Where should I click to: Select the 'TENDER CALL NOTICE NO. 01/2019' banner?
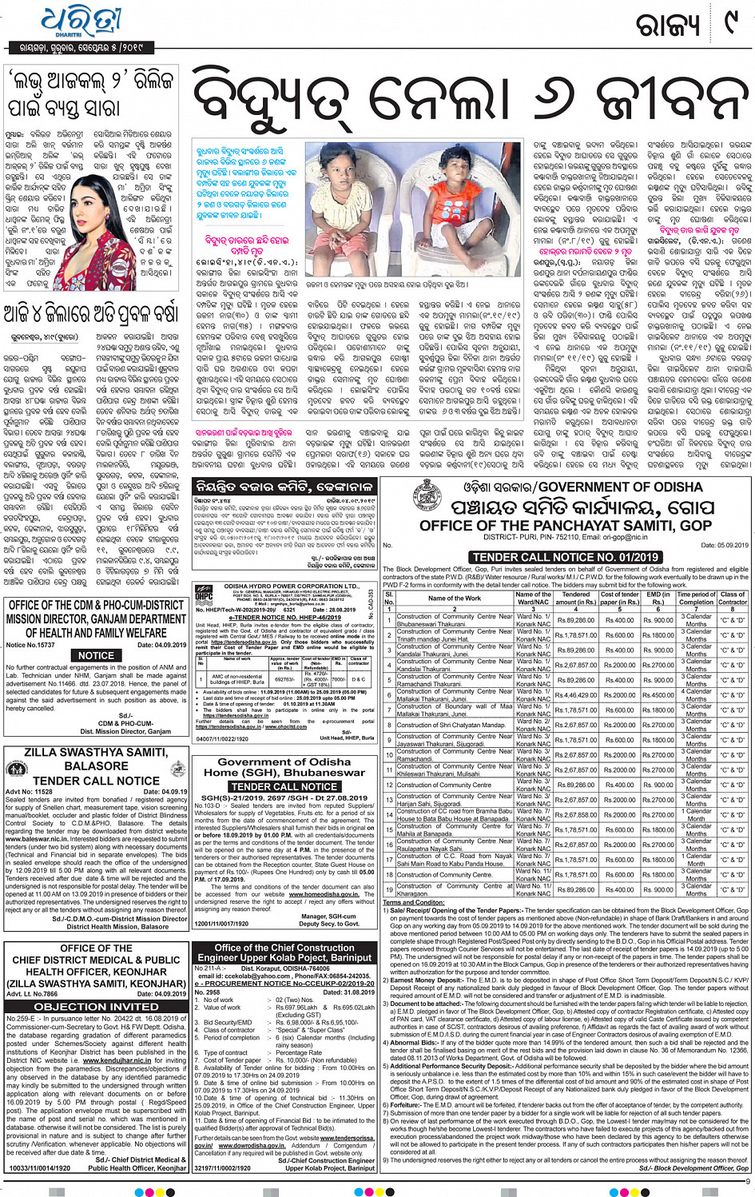point(566,557)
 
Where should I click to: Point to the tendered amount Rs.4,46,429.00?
point(576,695)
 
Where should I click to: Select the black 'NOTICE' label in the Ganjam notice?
point(96,655)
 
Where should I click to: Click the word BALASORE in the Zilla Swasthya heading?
point(96,766)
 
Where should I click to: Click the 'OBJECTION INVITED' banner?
point(96,1006)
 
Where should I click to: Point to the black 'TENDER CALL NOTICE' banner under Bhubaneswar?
point(284,786)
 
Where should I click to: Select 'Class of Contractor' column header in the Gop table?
point(733,598)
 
